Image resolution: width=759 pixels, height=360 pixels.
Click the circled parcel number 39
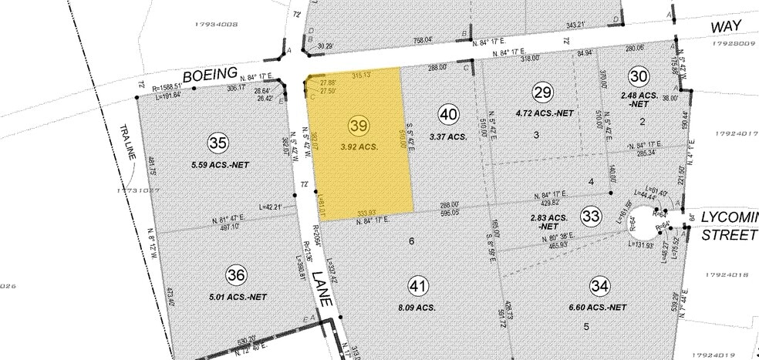358,125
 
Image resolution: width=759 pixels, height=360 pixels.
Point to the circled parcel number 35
218,143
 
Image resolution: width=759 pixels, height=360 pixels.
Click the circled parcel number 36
237,274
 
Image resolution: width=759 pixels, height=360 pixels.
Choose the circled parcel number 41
418,287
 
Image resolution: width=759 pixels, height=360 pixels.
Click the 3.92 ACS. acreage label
358,146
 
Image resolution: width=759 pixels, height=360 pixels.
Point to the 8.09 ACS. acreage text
418,307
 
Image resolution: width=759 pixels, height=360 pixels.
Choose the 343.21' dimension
572,25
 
